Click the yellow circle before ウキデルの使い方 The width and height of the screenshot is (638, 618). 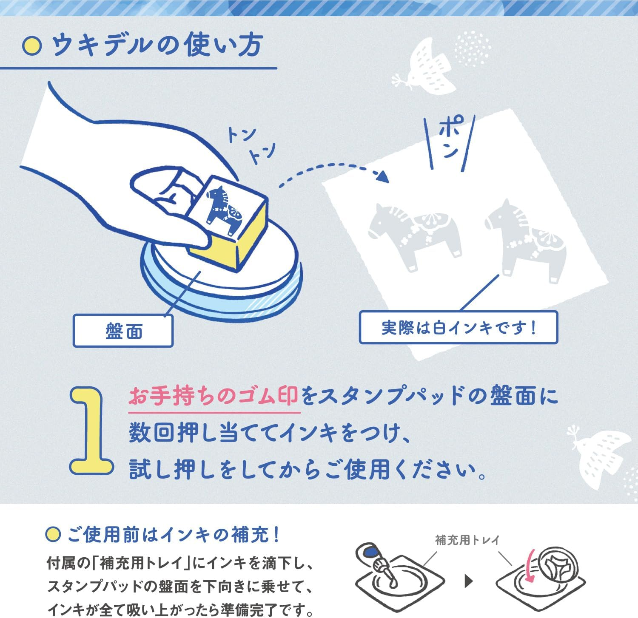[32, 46]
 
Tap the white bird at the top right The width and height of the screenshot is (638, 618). [427, 68]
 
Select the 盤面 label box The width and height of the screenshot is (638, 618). [123, 331]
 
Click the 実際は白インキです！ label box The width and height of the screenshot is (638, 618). [459, 328]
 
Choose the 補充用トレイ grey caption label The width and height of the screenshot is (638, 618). [467, 540]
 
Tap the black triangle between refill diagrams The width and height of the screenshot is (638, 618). [469, 581]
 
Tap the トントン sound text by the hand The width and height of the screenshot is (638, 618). [251, 145]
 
